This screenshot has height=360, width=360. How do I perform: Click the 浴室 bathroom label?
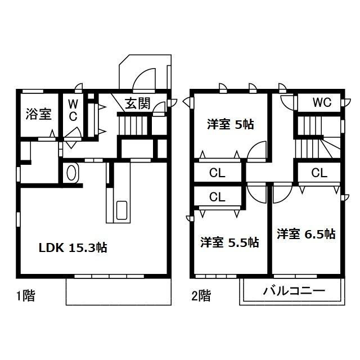39,114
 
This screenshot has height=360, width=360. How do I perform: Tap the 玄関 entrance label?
137,103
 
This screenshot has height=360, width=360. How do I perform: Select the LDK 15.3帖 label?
73,247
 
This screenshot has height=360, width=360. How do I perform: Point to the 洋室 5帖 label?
231,124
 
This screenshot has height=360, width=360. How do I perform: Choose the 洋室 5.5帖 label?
229,242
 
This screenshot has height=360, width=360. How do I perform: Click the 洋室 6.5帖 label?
306,234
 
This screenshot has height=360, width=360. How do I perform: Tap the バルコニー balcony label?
294,291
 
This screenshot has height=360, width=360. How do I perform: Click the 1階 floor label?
25,296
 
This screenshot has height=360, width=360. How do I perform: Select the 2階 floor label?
201,296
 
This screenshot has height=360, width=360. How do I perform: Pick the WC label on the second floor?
322,102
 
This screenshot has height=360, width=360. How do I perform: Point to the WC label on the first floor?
73,111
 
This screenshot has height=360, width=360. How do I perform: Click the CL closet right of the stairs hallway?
319,173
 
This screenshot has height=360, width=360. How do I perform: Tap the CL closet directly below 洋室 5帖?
217,173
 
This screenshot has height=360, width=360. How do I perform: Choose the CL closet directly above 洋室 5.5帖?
217,197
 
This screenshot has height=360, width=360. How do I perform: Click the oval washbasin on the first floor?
71,173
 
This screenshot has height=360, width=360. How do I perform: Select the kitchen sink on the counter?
121,210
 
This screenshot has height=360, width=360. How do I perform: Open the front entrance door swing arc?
144,79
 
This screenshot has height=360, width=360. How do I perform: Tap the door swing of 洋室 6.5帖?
282,194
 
